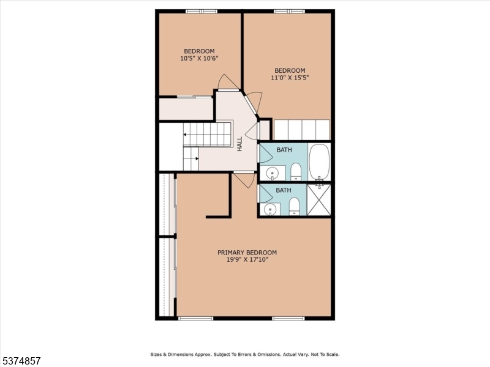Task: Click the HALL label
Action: (x=240, y=144)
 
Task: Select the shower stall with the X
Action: (x=318, y=200)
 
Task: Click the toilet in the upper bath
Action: (x=295, y=171)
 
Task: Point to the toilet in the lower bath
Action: (x=293, y=207)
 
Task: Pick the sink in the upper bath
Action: (x=271, y=173)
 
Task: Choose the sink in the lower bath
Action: (x=270, y=209)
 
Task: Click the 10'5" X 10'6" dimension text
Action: (x=199, y=59)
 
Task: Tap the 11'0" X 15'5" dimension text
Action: (x=290, y=78)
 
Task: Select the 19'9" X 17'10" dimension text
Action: (x=247, y=260)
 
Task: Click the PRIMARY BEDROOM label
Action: (x=247, y=253)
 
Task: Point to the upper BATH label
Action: (x=284, y=150)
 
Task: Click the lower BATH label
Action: (x=283, y=190)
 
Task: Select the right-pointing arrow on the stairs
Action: (x=195, y=158)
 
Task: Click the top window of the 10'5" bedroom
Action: (x=202, y=11)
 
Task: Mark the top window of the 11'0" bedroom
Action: (x=289, y=11)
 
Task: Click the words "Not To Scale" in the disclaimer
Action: (x=323, y=354)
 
